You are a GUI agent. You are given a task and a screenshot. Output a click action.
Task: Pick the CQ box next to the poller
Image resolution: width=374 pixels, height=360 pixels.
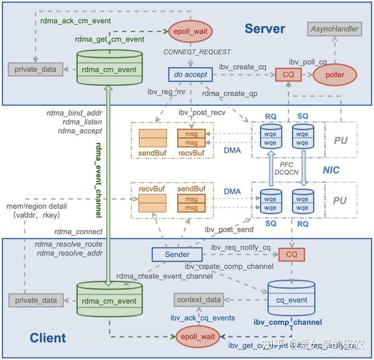pos(288,75)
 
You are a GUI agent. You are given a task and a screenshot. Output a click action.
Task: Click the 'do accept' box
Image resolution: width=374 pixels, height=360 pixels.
pos(188,75)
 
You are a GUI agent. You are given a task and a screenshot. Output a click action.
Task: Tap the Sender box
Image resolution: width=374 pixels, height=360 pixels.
pos(178,254)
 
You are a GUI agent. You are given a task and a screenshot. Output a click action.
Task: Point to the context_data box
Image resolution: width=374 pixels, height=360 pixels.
pos(198,300)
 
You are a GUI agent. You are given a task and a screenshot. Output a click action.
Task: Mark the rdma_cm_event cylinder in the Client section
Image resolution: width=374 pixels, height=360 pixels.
pos(106,301)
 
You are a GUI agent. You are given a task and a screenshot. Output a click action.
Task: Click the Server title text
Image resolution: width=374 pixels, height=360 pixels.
pos(264,29)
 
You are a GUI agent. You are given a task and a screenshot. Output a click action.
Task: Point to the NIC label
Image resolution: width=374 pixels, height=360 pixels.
pos(330,169)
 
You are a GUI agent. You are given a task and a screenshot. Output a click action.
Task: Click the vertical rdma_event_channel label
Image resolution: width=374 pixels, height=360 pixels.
pos(98,180)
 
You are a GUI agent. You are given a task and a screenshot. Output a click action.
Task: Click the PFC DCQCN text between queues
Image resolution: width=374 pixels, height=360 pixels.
pos(285,169)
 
